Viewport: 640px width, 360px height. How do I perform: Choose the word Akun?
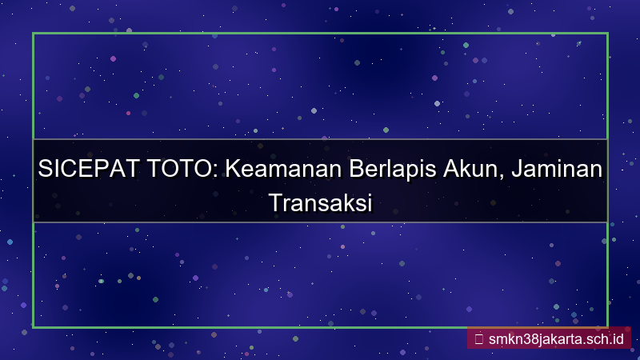[478, 170]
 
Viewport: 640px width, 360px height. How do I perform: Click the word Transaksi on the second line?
[320, 202]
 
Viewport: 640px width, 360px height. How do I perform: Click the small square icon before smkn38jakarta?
[478, 338]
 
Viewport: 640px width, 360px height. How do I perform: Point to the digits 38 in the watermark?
[530, 338]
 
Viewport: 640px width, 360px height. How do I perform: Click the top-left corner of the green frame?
[33, 34]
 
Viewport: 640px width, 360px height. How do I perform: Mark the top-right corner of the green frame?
[607, 34]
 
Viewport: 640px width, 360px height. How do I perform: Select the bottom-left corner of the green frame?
[33, 326]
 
